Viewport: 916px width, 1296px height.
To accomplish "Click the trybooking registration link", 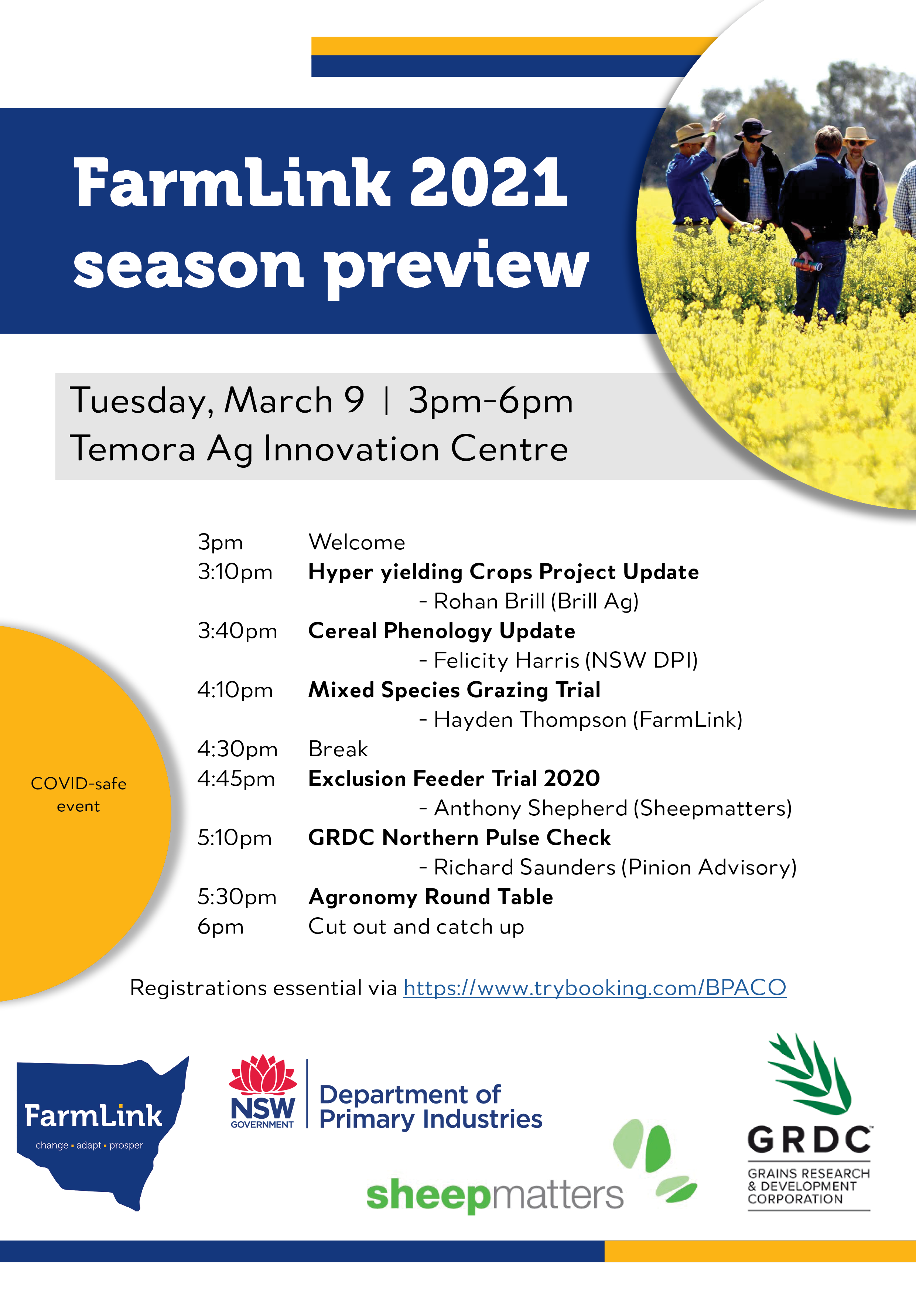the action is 595,988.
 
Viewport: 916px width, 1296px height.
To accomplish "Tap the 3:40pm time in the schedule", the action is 237,631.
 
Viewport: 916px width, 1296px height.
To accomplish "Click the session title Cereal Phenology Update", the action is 441,631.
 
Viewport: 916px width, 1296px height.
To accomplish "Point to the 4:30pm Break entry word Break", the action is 338,749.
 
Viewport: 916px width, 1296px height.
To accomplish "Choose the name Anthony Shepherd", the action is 530,808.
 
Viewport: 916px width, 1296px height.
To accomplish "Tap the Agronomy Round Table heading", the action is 431,897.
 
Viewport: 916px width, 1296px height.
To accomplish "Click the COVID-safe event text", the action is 78,795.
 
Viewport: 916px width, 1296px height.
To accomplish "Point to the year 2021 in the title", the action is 488,183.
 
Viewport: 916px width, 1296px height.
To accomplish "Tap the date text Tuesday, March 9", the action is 217,401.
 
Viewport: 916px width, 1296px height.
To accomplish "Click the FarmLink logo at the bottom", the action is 102,1133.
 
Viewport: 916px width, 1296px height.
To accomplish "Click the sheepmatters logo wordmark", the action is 495,1194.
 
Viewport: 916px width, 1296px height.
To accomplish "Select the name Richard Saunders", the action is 524,867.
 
